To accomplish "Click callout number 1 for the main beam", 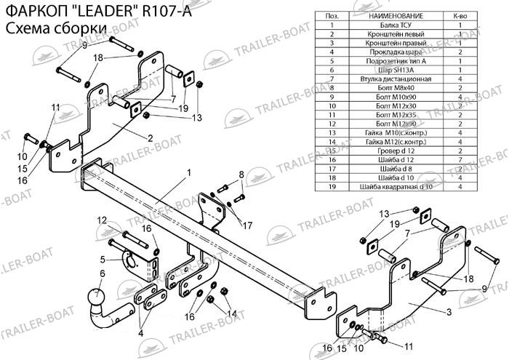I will point(188,172).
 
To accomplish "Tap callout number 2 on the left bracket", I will point(149,137).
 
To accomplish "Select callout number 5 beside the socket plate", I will point(103,259).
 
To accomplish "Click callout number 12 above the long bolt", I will point(102,220).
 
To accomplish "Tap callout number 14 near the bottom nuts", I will point(233,313).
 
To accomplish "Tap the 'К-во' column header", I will point(460,15).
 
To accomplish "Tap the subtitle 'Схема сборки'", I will point(55,28).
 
